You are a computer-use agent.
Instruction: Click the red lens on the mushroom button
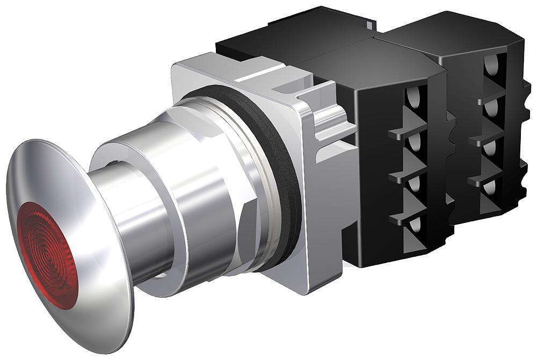(46, 255)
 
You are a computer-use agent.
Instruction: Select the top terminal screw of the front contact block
(413, 97)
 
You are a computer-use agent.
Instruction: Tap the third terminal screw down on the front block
(413, 185)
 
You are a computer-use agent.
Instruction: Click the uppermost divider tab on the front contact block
(405, 132)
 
